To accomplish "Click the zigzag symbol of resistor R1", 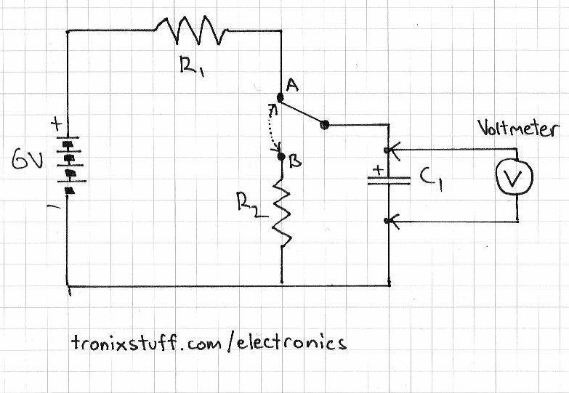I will [192, 31].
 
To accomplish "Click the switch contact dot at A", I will [281, 97].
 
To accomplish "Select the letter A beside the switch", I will [294, 86].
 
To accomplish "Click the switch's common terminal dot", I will [324, 125].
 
